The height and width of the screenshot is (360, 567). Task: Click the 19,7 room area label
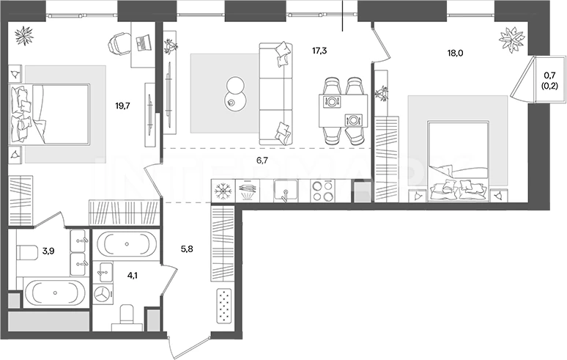[x=122, y=106]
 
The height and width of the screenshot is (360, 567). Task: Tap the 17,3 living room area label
[x=319, y=51]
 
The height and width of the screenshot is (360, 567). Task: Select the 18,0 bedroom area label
[x=455, y=54]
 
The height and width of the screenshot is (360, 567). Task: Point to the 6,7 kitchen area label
[x=262, y=161]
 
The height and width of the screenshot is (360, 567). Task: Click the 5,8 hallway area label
[x=187, y=249]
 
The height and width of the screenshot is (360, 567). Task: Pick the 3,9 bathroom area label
[x=48, y=251]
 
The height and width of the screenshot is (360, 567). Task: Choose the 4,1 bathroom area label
[x=133, y=276]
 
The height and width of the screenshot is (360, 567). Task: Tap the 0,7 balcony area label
[x=550, y=76]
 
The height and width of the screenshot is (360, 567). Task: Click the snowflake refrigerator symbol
[x=223, y=191]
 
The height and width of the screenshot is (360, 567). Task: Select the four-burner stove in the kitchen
[x=322, y=191]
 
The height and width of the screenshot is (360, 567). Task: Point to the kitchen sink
[x=286, y=191]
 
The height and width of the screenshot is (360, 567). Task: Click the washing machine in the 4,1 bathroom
[x=103, y=294]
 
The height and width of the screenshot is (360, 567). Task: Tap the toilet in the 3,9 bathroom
[x=27, y=252]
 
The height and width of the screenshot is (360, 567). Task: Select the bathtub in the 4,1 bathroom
[x=127, y=244]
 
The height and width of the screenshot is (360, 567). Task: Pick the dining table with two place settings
[x=343, y=111]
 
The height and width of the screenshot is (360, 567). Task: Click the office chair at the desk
[x=119, y=43]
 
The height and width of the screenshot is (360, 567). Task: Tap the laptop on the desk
[x=143, y=42]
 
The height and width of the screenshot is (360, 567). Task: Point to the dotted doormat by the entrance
[x=224, y=306]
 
